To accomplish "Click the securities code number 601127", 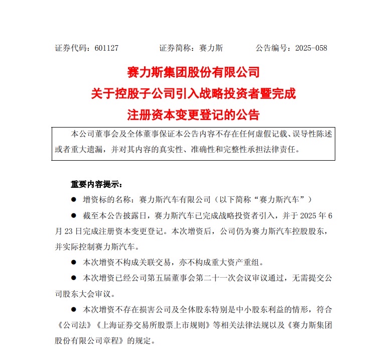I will coord(106,48).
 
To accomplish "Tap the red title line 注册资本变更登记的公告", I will coord(193,114).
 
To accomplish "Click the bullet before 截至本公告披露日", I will coord(73,216).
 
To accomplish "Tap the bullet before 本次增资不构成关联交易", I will coord(73,262).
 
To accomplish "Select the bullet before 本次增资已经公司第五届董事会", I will coord(73,278).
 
